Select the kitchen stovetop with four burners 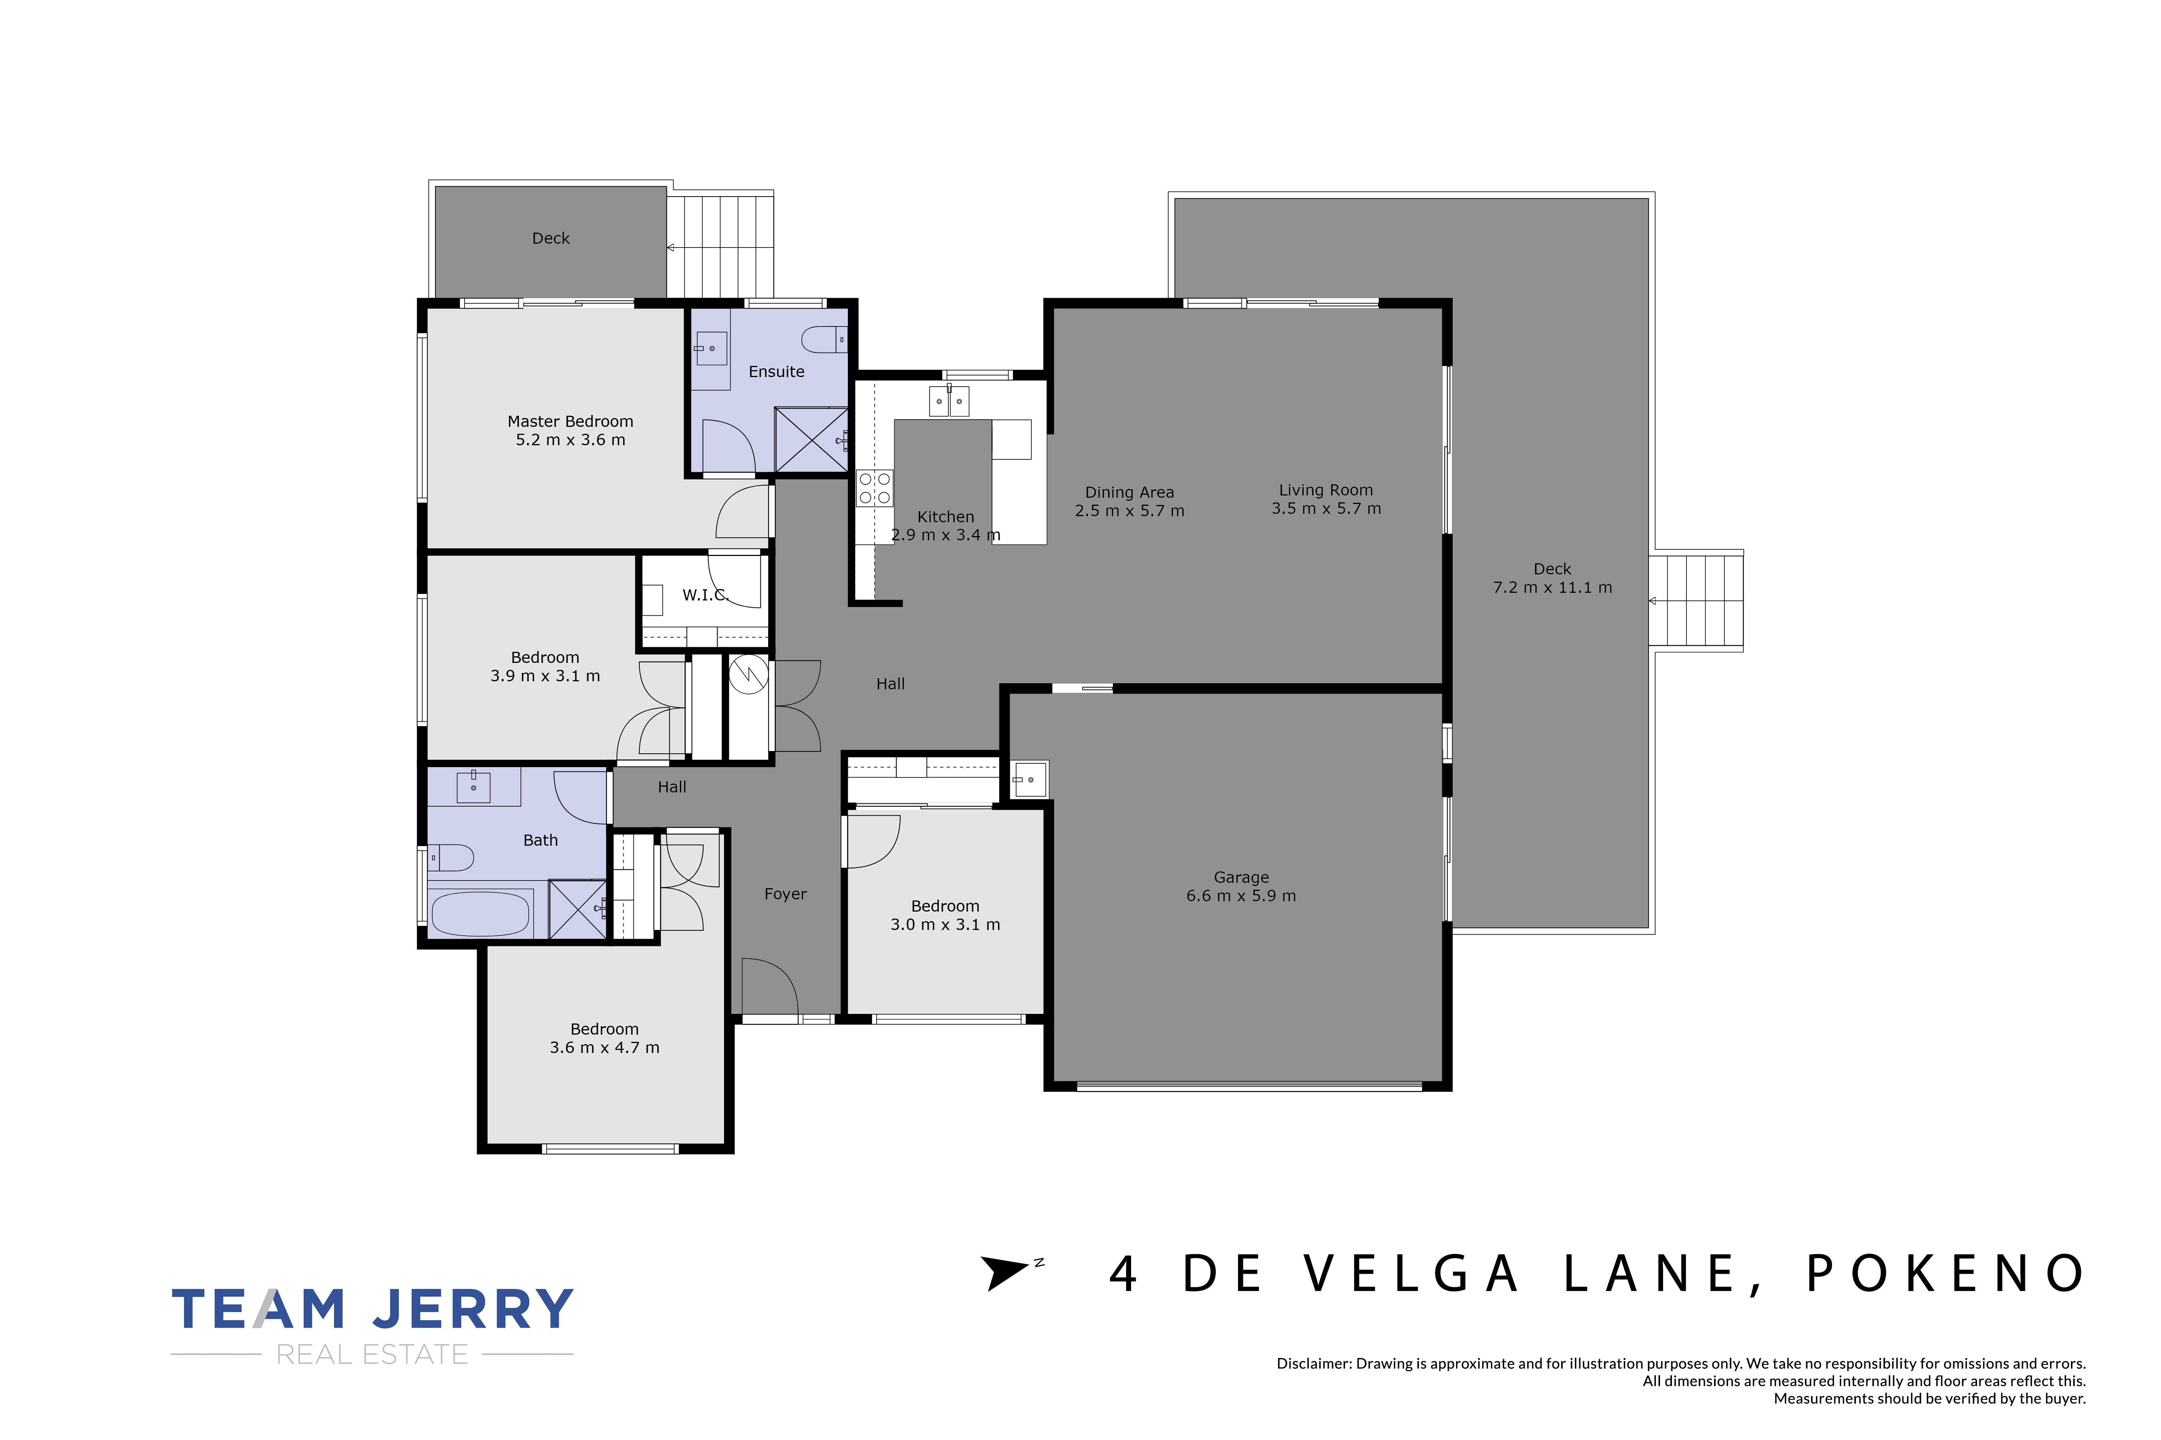pos(874,488)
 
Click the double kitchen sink pos(949,400)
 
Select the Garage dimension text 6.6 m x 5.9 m pos(1241,895)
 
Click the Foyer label pos(785,894)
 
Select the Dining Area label pos(1130,492)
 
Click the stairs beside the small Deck pos(720,246)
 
